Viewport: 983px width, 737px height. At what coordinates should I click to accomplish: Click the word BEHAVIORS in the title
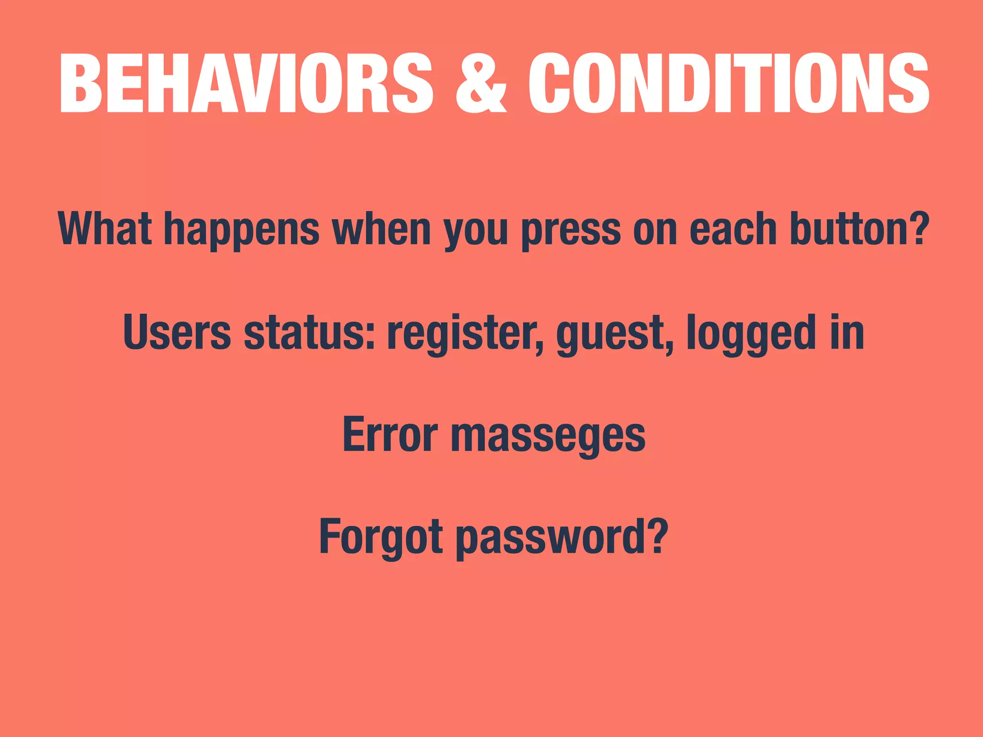tap(246, 83)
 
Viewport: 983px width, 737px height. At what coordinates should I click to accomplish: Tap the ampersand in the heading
tap(480, 83)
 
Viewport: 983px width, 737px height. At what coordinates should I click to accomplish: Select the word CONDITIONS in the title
tap(729, 83)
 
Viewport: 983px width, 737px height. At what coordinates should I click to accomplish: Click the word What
tap(105, 229)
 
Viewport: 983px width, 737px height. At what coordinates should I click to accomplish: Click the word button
tap(848, 229)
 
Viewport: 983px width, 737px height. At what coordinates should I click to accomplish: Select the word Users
tap(177, 332)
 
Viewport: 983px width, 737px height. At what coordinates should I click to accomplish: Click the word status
tap(309, 332)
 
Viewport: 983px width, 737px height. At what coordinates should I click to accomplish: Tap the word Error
tap(390, 434)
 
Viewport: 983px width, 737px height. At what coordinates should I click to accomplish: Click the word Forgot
tap(381, 536)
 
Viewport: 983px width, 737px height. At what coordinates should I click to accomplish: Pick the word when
tap(382, 229)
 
